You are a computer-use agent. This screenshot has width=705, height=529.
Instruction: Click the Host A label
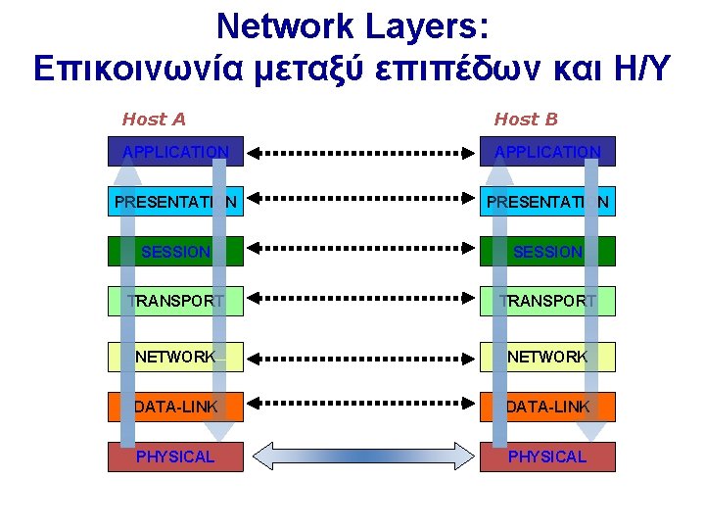(x=154, y=120)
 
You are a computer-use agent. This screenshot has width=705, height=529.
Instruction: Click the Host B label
(x=526, y=120)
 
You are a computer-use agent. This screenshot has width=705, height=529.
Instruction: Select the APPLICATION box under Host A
(x=175, y=152)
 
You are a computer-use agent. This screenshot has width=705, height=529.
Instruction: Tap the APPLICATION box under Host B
(x=547, y=152)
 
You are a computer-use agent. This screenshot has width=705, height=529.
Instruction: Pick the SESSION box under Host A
(x=175, y=252)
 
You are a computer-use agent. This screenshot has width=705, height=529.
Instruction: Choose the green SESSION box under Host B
(x=547, y=252)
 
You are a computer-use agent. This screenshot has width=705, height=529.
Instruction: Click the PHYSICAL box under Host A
(x=175, y=457)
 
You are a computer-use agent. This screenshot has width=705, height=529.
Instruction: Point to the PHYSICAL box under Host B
(x=547, y=457)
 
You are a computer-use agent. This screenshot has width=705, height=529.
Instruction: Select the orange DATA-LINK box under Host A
(x=175, y=407)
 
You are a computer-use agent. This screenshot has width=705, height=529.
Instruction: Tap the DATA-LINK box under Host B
(x=547, y=407)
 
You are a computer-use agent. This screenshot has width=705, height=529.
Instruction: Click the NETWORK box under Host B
(x=547, y=357)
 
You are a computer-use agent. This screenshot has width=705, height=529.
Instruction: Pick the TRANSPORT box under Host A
(x=175, y=301)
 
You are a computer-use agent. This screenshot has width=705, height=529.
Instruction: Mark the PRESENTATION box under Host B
(x=547, y=202)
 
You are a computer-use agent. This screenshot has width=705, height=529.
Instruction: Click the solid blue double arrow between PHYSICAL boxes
(x=361, y=457)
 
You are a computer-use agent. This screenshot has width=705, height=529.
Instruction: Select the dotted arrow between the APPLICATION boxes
(x=361, y=153)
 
